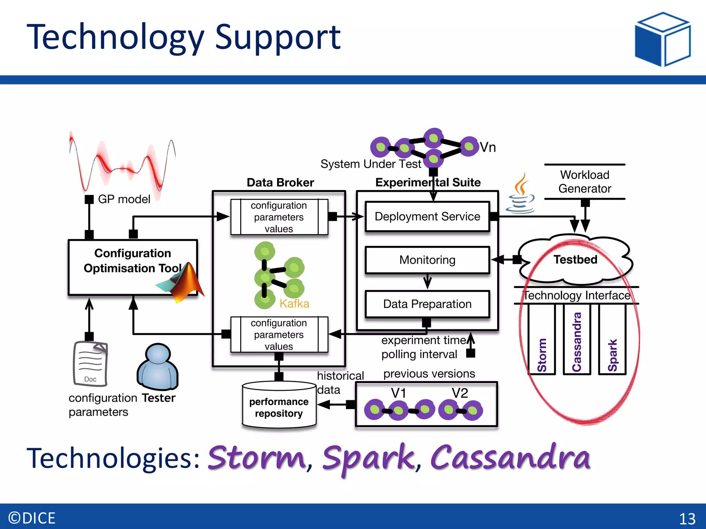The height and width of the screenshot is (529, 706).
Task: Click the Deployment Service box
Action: [x=427, y=216]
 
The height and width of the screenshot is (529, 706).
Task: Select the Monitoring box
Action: [x=427, y=260]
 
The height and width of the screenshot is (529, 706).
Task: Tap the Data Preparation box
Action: [x=427, y=304]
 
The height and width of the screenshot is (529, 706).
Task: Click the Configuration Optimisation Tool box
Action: [x=133, y=267]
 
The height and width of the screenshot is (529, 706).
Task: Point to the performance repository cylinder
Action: [x=279, y=405]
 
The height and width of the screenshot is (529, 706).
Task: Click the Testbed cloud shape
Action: [x=575, y=260]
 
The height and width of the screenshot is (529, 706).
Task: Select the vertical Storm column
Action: [x=542, y=340]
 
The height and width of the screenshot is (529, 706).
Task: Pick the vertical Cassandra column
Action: [x=577, y=340]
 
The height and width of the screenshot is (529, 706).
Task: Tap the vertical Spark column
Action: [x=612, y=340]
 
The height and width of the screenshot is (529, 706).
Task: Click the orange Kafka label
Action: [x=294, y=303]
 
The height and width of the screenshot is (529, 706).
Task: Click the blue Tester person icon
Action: [x=158, y=367]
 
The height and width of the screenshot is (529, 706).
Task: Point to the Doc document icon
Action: [x=90, y=364]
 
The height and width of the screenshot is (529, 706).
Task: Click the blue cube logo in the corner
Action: [x=663, y=39]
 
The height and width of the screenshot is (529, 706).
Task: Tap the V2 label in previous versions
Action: [x=460, y=393]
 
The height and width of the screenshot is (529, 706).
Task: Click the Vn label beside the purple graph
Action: [x=487, y=147]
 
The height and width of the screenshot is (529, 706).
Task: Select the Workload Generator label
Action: [x=585, y=181]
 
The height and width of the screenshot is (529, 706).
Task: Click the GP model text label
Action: [x=124, y=199]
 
